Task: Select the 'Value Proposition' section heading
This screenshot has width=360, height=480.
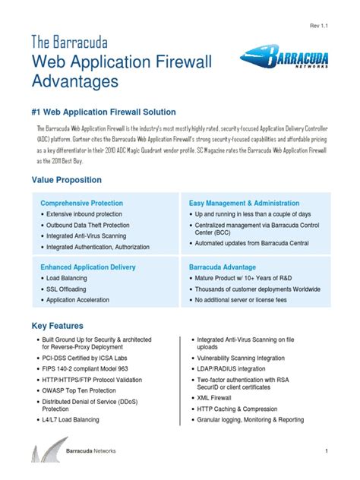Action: [x=67, y=180]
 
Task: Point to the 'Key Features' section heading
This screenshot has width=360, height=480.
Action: [x=58, y=325]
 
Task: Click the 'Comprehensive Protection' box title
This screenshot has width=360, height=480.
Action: [x=81, y=204]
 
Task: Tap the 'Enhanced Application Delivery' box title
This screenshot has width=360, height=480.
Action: [x=88, y=267]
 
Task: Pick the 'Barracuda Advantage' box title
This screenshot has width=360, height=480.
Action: [x=223, y=267]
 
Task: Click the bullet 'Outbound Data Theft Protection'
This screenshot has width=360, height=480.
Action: [x=87, y=226]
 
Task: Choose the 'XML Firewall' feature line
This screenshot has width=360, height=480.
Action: [x=218, y=398]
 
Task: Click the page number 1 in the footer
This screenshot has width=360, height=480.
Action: [x=326, y=453]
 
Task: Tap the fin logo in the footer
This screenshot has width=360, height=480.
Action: [x=45, y=454]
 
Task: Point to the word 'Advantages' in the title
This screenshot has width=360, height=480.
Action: [x=75, y=80]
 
